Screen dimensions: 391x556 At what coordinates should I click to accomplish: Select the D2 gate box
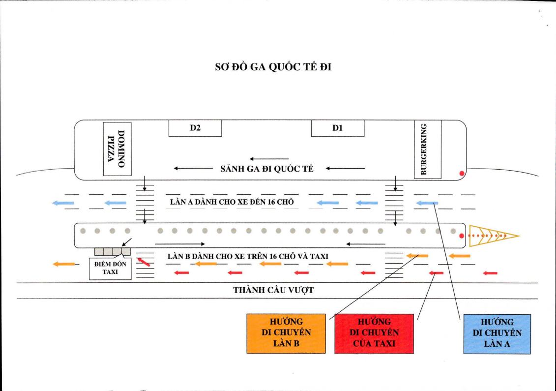tap(195, 128)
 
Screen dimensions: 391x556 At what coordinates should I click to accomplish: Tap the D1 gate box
tap(337, 128)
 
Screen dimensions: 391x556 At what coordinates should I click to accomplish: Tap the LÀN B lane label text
tap(248, 255)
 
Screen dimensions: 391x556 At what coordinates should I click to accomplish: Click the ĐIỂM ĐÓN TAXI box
tap(110, 268)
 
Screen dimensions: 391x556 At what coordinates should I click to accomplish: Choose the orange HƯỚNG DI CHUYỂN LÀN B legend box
tap(286, 333)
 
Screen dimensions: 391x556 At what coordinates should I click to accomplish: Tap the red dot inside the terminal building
tap(461, 173)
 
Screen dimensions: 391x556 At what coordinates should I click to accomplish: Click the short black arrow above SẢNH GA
tap(269, 158)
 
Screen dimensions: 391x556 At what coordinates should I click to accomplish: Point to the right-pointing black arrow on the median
tap(180, 243)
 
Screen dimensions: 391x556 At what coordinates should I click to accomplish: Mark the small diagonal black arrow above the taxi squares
tap(127, 241)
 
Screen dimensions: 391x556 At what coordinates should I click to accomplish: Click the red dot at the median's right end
tap(461, 236)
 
